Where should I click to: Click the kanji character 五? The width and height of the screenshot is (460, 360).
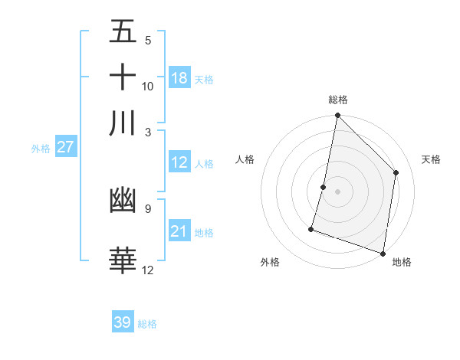pyautogui.click(x=123, y=32)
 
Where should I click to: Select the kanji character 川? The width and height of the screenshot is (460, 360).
pyautogui.click(x=123, y=123)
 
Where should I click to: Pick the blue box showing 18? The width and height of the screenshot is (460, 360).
pyautogui.click(x=179, y=78)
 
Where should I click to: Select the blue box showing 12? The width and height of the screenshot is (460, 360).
pyautogui.click(x=179, y=162)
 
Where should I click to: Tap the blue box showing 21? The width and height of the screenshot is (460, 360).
pyautogui.click(x=179, y=231)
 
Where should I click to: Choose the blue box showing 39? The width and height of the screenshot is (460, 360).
pyautogui.click(x=123, y=322)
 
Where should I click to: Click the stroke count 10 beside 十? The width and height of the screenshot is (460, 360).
pyautogui.click(x=148, y=86)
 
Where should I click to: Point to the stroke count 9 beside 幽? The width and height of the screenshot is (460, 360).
pyautogui.click(x=147, y=208)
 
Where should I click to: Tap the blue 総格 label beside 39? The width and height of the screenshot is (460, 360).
pyautogui.click(x=148, y=324)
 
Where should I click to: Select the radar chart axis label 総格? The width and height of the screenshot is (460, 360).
pyautogui.click(x=338, y=100)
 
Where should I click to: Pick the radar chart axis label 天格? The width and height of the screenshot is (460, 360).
pyautogui.click(x=432, y=159)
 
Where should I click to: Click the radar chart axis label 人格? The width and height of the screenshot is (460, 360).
pyautogui.click(x=245, y=159)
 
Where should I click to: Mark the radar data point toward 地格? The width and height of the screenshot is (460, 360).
pyautogui.click(x=383, y=253)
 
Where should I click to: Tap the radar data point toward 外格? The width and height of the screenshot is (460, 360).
pyautogui.click(x=311, y=228)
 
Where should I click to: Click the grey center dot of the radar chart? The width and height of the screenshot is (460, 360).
pyautogui.click(x=337, y=191)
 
